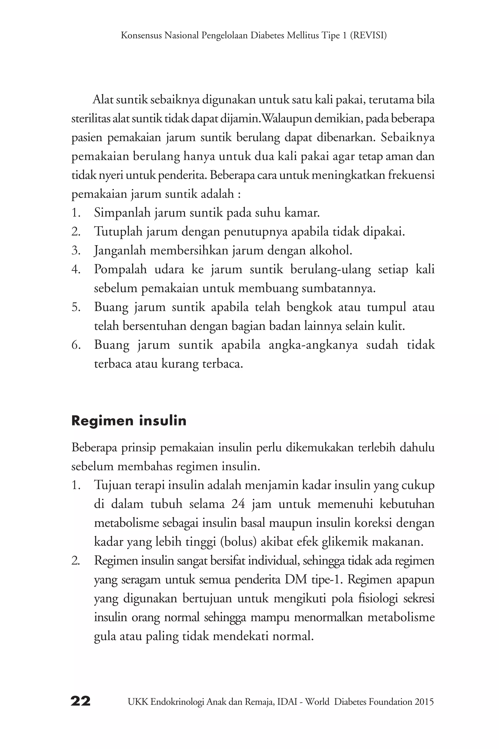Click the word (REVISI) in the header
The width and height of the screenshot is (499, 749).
[x=368, y=35]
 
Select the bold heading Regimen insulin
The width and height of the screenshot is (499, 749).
[x=129, y=421]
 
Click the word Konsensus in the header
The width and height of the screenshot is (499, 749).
[x=141, y=35]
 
